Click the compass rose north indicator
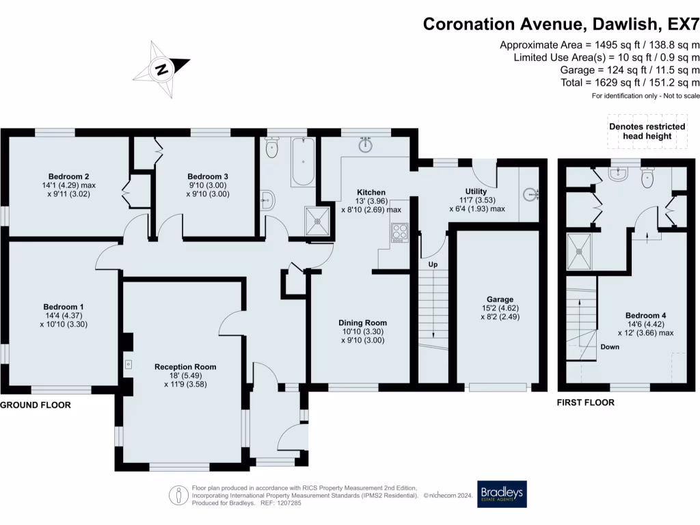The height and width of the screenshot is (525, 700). coord(162,69)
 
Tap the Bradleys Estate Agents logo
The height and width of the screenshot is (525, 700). coord(502,494)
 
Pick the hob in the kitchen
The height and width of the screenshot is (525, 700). coord(399,232)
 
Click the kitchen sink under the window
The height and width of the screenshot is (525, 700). coord(365,144)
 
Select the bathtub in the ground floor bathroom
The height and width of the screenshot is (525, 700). coord(303,162)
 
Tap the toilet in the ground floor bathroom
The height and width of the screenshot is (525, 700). coord(271,148)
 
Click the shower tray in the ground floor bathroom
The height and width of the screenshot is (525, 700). coord(317,221)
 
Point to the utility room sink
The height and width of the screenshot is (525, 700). coord(531,195)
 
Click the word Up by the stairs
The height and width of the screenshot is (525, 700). coord(433,265)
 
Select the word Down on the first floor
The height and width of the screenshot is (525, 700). coord(610,347)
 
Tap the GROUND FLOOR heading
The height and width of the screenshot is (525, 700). coord(36,405)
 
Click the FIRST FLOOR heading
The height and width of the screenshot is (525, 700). coord(586,402)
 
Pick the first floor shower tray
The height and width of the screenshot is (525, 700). coord(579,252)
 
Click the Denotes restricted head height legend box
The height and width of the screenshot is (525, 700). coord(647,131)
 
